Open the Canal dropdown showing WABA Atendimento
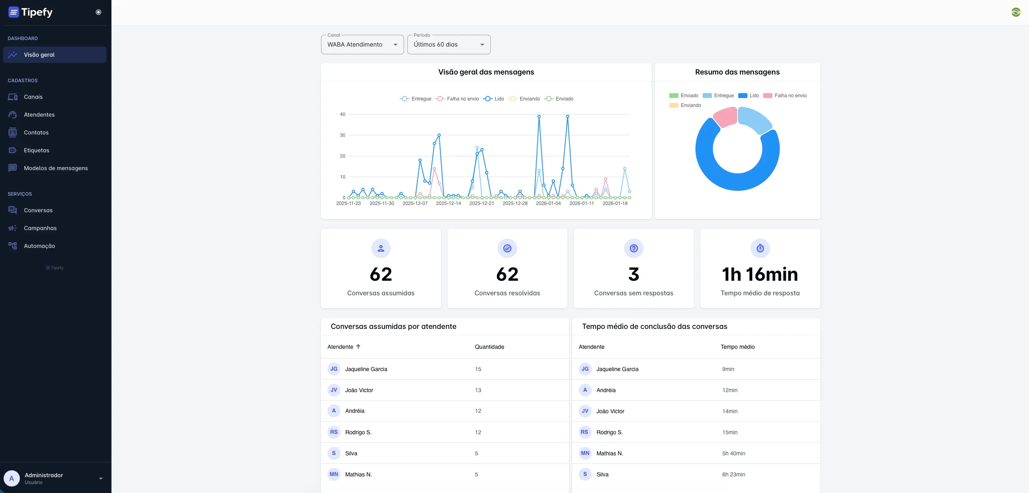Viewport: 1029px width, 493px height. (362, 45)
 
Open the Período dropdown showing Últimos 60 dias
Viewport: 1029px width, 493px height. (448, 45)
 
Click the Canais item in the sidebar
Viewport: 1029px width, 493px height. (33, 97)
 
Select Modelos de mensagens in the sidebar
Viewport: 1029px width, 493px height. (56, 168)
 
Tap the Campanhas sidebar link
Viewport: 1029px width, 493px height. (40, 228)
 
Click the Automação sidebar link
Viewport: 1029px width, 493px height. (39, 246)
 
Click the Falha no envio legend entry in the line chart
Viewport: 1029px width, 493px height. (458, 99)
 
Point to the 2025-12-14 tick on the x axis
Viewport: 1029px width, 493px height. (448, 203)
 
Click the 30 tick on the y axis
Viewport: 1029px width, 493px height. (342, 135)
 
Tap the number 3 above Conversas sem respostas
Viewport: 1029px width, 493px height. (633, 274)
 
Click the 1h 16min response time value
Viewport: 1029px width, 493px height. (760, 274)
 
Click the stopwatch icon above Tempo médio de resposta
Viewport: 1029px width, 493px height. (760, 248)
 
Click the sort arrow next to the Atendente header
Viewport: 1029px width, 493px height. (358, 347)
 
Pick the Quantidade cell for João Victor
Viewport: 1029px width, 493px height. (478, 390)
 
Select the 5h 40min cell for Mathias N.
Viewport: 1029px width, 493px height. (733, 453)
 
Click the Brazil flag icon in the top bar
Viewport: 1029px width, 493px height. (1016, 12)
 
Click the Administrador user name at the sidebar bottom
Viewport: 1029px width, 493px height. (44, 475)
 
